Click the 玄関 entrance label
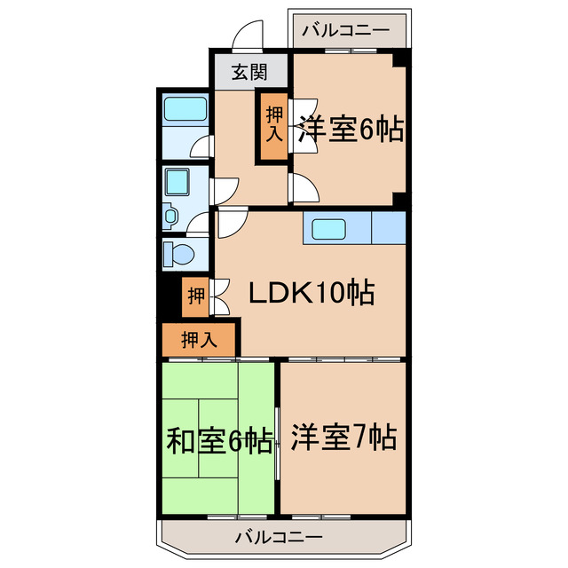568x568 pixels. [x=248, y=73]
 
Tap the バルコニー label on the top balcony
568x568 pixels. [x=345, y=30]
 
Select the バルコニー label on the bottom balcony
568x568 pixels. [x=280, y=536]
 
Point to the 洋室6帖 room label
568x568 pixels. [x=351, y=129]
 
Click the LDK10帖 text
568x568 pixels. [x=310, y=292]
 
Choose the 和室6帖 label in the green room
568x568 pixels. [x=218, y=440]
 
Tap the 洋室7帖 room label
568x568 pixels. [x=343, y=437]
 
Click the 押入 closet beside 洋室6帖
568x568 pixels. [x=274, y=125]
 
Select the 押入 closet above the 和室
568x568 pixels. [x=200, y=338]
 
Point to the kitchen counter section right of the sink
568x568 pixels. [x=388, y=228]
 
